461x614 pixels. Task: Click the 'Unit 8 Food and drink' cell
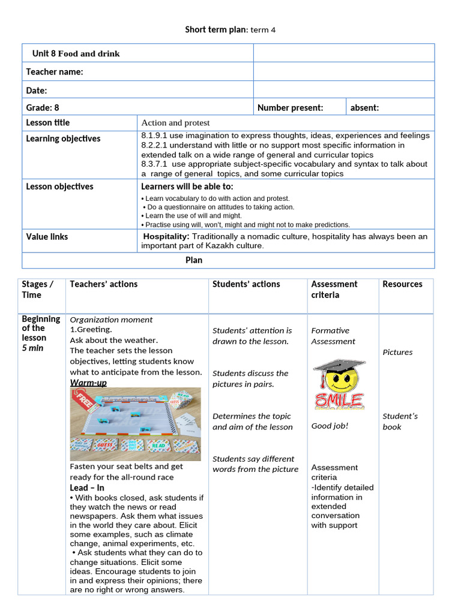[76, 53]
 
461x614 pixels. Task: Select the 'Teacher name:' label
[55, 72]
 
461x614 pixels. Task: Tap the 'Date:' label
[37, 91]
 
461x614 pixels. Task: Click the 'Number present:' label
[290, 108]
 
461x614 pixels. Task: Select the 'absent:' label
[364, 108]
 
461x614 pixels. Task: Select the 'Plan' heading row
[193, 260]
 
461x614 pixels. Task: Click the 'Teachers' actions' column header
[103, 284]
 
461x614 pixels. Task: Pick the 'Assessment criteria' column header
[334, 290]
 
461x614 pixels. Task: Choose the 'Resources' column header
[402, 284]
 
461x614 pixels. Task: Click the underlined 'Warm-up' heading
[88, 383]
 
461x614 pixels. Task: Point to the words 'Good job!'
[330, 426]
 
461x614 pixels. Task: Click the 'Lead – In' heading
[87, 488]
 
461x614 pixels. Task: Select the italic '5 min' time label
[32, 348]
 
